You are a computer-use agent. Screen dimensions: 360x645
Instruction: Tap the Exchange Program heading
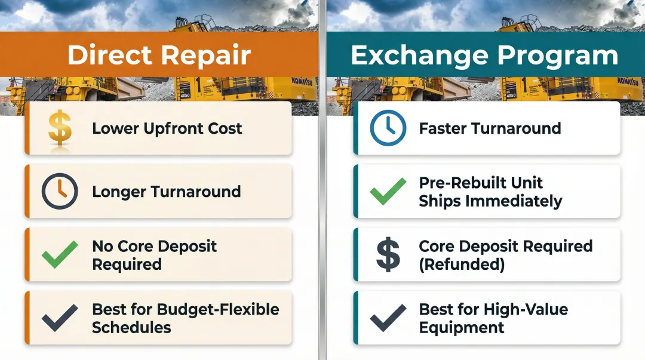484,56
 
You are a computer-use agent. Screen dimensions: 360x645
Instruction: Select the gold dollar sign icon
59,128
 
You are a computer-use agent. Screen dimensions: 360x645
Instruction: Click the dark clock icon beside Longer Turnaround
59,192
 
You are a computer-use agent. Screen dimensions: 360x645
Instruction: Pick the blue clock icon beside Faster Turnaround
387,128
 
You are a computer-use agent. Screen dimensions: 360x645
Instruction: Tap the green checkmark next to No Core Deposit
59,255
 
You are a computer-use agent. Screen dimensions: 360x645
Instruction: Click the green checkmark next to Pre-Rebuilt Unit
387,192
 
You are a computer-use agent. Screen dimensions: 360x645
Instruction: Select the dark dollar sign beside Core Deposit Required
387,255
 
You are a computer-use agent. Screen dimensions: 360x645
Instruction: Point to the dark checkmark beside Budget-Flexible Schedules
59,318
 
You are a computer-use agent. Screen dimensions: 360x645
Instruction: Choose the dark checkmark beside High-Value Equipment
387,318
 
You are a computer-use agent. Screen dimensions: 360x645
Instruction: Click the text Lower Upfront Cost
167,128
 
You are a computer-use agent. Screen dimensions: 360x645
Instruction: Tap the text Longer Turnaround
166,192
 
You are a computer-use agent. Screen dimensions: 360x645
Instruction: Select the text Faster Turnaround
490,128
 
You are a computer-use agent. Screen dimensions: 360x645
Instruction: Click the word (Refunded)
462,264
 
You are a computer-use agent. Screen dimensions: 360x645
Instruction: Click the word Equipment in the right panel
461,328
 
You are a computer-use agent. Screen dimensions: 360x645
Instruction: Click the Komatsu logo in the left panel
302,81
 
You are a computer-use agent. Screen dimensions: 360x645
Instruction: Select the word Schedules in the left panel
131,328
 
